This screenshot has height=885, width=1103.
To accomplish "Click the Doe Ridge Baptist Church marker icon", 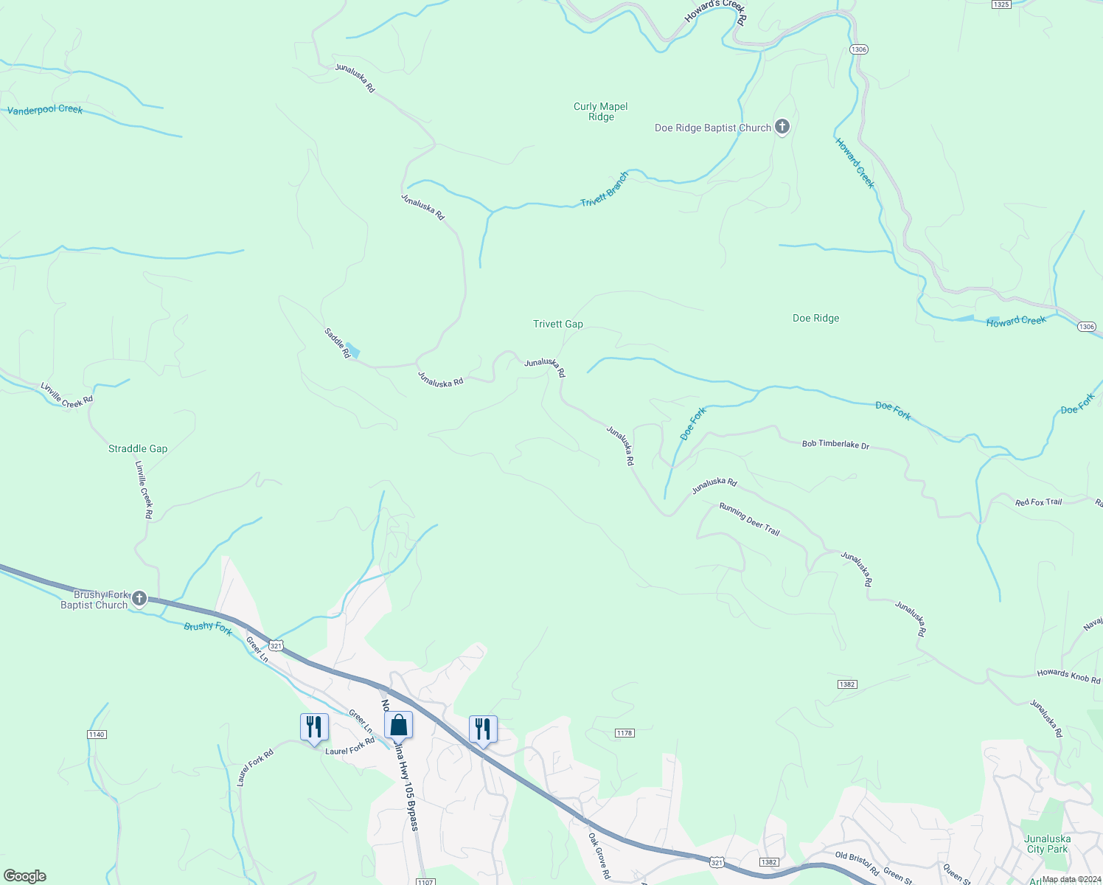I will (x=782, y=127).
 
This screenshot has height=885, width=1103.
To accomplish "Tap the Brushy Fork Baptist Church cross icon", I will (x=139, y=598).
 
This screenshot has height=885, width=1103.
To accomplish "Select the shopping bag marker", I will (x=398, y=726).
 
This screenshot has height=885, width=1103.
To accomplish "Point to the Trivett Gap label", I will (x=558, y=324).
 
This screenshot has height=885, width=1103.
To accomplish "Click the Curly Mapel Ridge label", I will (x=601, y=111).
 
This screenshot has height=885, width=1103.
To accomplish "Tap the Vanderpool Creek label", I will (x=45, y=110).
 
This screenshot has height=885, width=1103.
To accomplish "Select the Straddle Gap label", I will (x=138, y=448).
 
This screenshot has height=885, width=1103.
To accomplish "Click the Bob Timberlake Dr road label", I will (x=835, y=444).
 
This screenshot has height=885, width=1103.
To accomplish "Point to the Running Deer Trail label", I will (x=749, y=519).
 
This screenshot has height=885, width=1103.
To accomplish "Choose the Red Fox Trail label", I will (x=1038, y=502).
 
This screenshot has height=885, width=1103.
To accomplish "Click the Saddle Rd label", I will (x=337, y=343).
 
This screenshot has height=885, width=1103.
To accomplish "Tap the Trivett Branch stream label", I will (x=605, y=190).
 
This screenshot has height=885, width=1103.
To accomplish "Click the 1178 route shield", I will (x=624, y=732).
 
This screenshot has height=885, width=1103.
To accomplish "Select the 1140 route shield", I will (x=97, y=734).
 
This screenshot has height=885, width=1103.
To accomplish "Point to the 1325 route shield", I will (x=1001, y=4).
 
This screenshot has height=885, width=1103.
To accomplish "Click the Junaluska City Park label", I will (x=1047, y=844).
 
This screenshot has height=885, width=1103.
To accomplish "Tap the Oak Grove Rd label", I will (x=599, y=855).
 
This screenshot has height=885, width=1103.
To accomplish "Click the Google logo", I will (x=25, y=876).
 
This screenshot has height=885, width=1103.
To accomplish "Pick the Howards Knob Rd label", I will (x=1068, y=675).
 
